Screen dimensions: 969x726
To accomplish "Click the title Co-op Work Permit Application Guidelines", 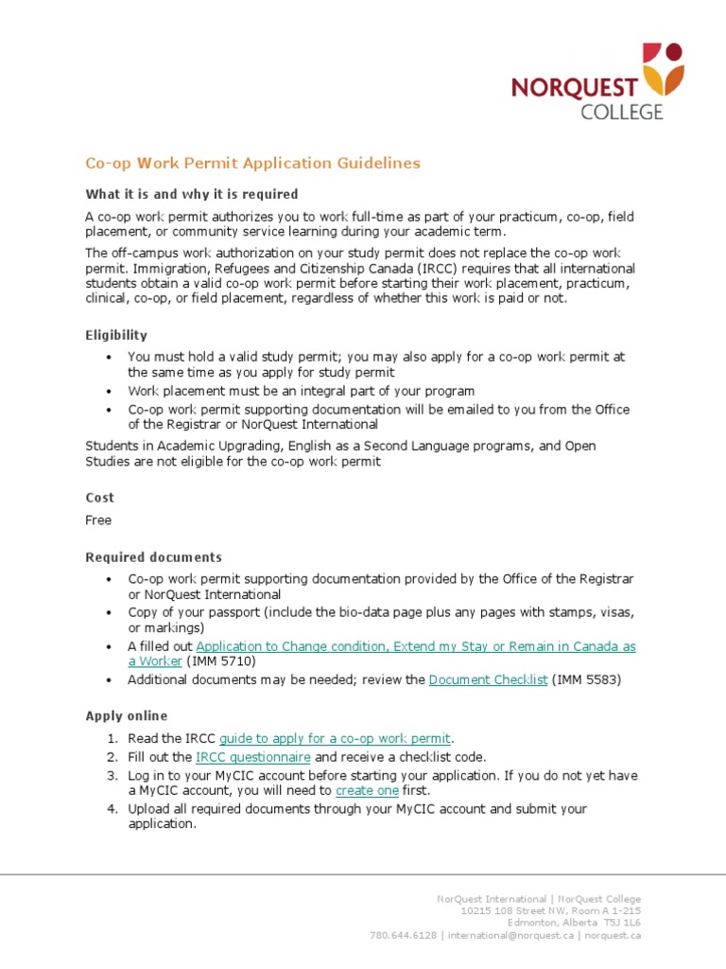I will pos(252,164).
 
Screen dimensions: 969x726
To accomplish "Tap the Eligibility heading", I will pos(116,335).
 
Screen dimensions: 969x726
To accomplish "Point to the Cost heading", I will pos(99,497).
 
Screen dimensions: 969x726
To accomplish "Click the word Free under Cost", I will pos(98,520).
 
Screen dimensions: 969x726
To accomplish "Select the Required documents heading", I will pos(153,557).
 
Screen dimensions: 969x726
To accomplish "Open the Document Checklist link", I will pos(488,679).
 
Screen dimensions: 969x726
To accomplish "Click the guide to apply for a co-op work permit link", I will pos(336,738).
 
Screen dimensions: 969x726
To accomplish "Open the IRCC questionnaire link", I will pos(252,757).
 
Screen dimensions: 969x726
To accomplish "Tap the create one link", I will pos(367,790).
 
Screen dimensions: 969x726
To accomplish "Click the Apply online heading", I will pos(126,716).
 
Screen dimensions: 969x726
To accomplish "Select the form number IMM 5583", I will pos(587,679).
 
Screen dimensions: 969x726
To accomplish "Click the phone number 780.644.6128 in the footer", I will pos(403,935).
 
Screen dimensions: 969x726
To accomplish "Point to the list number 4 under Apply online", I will pos(111,809).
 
